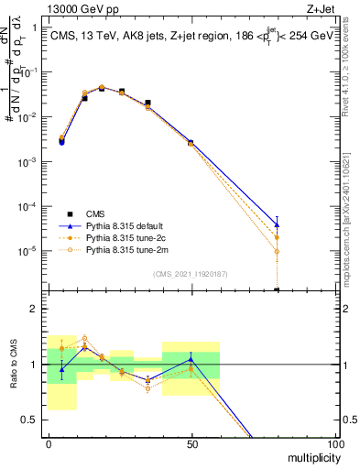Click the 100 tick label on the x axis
pos(335,443)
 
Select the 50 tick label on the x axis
pos(191,443)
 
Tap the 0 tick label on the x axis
pos(49,443)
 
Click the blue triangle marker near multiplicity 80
pos(277,224)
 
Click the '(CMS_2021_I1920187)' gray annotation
pos(191,274)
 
